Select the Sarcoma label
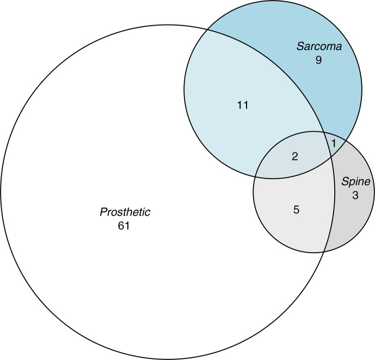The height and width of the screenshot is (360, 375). coord(319,47)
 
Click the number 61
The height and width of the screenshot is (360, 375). coord(124,225)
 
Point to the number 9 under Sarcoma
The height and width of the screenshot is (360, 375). coord(319,60)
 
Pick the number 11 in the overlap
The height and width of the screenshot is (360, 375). coord(243,105)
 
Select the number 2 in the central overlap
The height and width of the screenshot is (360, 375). coord(295,157)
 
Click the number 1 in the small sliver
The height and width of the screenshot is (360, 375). coord(334,143)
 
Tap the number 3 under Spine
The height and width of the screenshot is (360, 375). coord(355,195)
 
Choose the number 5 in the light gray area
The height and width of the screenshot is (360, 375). coord(296,209)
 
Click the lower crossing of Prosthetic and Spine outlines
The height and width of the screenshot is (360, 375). coord(324,252)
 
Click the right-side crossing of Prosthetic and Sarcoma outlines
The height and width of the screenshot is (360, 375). coord(333,156)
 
